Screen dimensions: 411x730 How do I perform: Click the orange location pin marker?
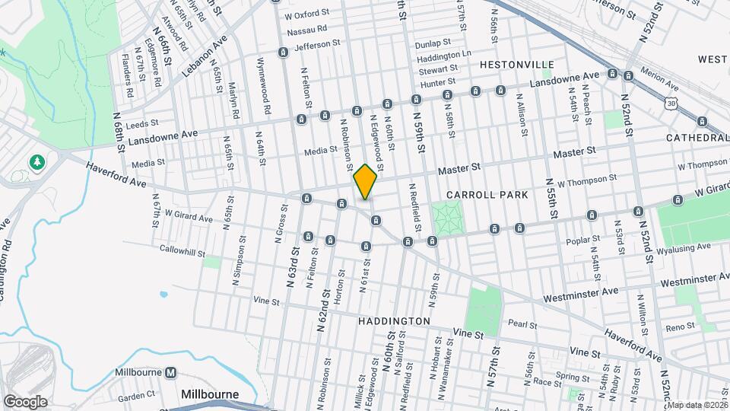[x=366, y=181]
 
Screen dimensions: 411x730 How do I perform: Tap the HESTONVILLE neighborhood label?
[x=516, y=65]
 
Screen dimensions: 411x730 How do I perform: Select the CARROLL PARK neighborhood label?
[x=487, y=195]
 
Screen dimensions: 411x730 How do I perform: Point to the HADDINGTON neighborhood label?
[x=394, y=321]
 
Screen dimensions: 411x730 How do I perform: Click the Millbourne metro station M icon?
[x=171, y=373]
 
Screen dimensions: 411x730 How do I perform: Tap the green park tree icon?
[x=36, y=163]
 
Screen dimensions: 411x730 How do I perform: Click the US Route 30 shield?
[x=670, y=103]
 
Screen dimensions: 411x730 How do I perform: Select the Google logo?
[x=25, y=402]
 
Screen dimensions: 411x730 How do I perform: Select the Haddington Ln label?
[x=445, y=56]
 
